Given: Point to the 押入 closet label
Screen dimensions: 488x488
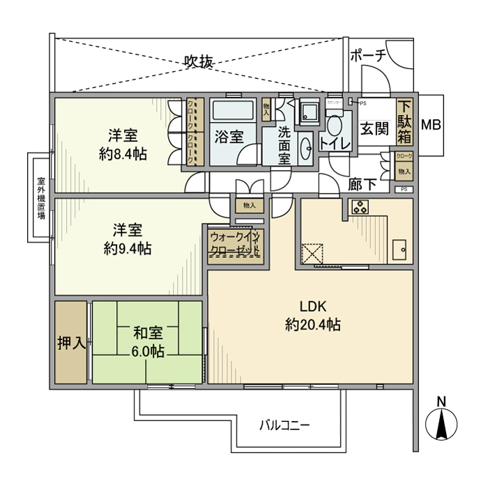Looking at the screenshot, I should (x=71, y=342).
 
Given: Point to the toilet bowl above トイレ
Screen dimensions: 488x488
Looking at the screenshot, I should (x=335, y=125).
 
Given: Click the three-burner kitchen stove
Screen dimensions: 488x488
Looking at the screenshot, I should (x=360, y=206).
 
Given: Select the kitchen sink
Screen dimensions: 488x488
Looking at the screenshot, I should (x=400, y=250).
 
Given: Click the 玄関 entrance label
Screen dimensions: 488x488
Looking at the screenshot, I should (x=373, y=128).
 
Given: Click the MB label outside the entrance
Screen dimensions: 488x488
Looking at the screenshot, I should (x=432, y=125).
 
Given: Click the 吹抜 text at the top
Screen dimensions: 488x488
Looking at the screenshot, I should (x=198, y=61).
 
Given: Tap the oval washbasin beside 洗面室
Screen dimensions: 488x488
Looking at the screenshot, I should (x=305, y=148).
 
